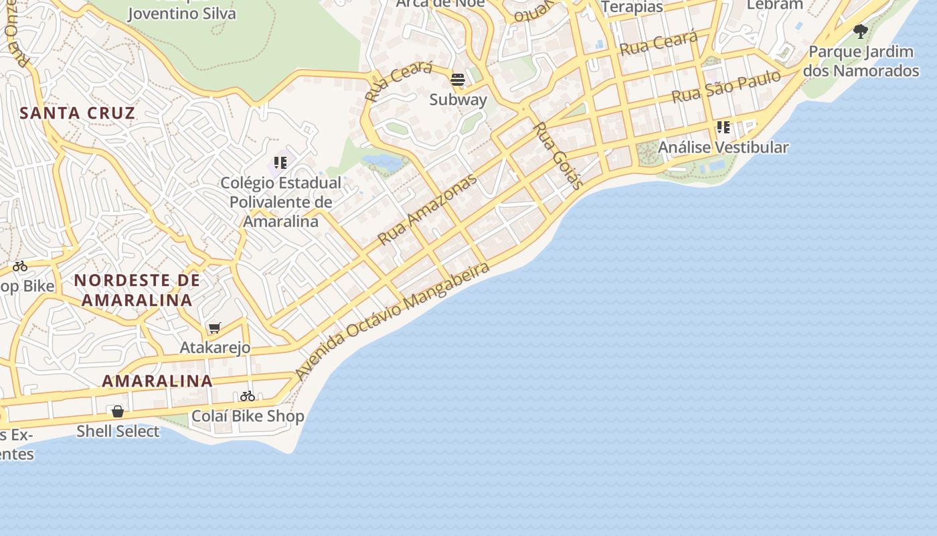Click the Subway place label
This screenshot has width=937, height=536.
458,100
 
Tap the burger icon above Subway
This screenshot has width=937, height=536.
458,80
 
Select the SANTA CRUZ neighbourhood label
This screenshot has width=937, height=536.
78,113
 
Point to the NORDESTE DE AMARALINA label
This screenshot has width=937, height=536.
137,290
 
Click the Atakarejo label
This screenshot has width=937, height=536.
215,348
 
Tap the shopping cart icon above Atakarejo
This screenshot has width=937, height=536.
215,328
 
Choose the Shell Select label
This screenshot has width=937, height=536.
118,431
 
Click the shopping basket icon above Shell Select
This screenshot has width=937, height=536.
118,411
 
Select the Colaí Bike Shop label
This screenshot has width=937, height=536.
248,416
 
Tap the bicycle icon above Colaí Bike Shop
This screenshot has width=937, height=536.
248,396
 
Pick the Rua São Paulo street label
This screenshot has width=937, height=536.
726,86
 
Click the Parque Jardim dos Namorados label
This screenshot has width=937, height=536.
861,61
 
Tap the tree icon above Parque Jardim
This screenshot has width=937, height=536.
861,31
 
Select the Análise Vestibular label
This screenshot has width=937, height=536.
723,147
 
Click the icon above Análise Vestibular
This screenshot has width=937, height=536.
723,127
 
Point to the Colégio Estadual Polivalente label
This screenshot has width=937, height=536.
280,202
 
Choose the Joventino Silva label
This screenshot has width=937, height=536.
181,13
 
